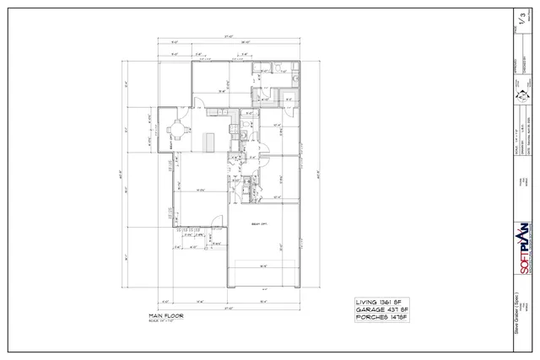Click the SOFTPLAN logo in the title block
521,250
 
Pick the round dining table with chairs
177,131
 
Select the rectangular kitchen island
208,138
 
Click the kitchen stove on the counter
240,136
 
